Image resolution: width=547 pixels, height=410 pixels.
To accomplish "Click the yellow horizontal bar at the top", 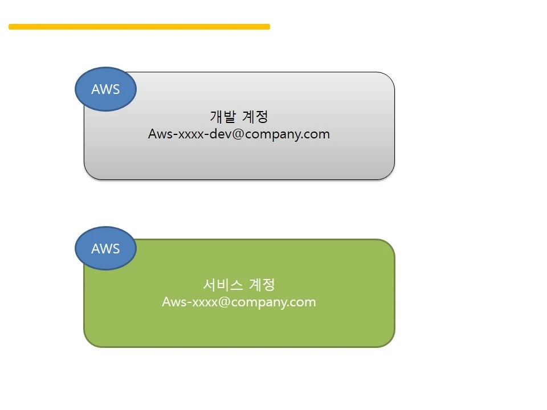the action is [139, 27].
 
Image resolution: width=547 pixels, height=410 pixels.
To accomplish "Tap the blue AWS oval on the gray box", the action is [105, 89].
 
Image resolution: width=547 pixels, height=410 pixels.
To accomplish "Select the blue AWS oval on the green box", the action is [105, 249].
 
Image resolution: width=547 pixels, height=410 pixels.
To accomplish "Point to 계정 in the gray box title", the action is [255, 117].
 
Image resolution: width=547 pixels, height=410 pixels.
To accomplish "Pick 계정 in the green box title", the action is [262, 284].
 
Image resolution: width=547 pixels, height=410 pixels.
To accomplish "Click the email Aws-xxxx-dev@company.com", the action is [239, 134].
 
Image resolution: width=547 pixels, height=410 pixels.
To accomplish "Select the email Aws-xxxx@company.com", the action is [239, 302].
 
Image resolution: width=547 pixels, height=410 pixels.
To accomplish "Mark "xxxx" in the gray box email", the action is [190, 135].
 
